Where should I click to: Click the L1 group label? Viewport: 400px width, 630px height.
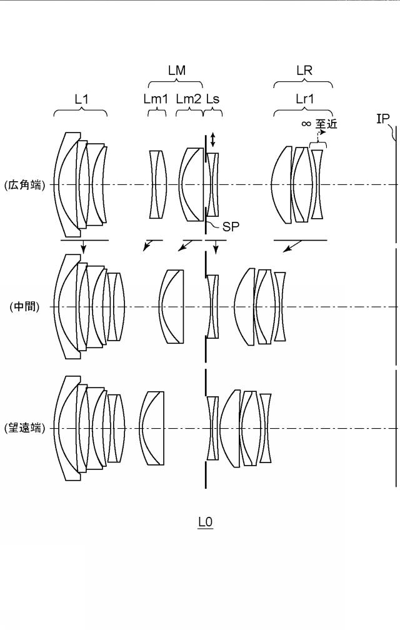[82, 99]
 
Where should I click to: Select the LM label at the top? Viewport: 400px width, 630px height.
[177, 71]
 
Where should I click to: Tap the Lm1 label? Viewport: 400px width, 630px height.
[156, 99]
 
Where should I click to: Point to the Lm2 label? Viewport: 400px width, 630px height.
[189, 99]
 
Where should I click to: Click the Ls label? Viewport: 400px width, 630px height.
[213, 99]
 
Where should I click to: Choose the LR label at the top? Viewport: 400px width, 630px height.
[304, 71]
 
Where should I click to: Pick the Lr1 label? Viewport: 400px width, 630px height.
[305, 99]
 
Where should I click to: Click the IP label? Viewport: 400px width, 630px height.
[382, 119]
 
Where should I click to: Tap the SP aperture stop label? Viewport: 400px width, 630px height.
[231, 227]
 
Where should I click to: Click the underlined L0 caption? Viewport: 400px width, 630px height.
[205, 522]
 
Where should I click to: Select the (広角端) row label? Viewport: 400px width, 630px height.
[24, 185]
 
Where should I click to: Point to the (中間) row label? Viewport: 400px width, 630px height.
[24, 307]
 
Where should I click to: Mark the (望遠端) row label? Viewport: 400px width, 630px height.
[24, 428]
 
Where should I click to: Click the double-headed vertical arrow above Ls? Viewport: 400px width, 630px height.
[213, 140]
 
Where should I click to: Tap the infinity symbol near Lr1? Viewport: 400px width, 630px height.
[306, 124]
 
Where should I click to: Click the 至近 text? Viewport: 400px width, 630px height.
[326, 124]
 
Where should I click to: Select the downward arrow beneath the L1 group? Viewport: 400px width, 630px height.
[83, 247]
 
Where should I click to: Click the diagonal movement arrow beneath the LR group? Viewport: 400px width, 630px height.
[292, 246]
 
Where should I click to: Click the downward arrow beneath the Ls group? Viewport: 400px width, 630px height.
[216, 247]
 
